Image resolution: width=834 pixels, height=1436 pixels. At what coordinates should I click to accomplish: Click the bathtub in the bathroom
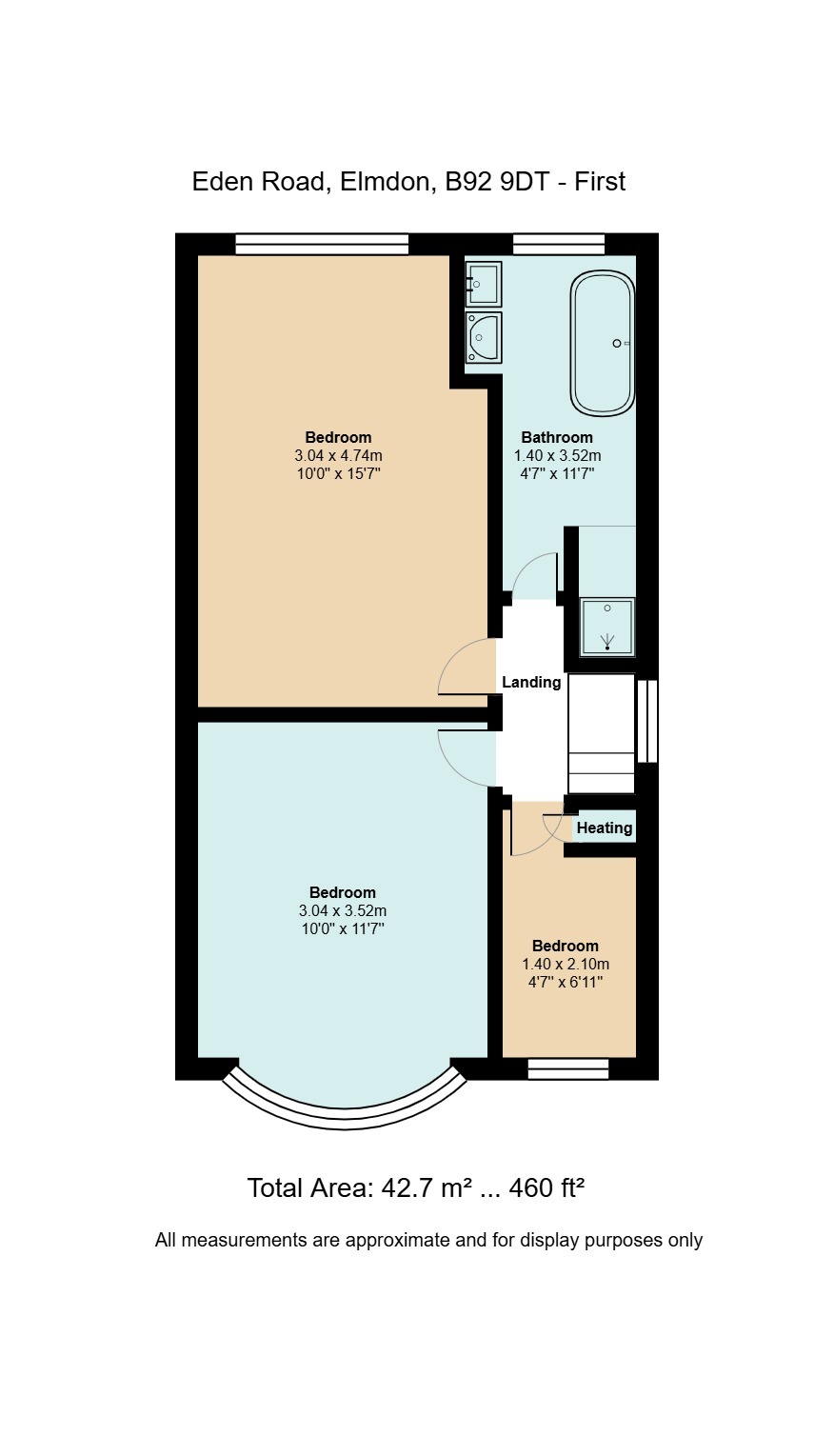pos(603,344)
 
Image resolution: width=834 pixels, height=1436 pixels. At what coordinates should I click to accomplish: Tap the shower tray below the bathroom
pos(607,627)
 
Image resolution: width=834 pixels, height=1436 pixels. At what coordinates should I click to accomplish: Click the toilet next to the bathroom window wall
pos(484,284)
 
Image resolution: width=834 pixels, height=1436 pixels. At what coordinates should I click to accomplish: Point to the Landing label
pos(531,682)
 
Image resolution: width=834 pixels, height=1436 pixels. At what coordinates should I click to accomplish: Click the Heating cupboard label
pos(605,828)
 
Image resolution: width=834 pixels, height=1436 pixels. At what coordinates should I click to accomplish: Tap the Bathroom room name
pos(556,437)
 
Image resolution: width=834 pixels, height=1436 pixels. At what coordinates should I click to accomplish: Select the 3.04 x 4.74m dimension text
pos(339,456)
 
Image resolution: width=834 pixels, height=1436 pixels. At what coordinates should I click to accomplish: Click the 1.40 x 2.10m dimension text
pos(566,964)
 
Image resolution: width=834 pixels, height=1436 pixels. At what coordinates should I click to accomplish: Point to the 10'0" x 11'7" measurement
pos(343,928)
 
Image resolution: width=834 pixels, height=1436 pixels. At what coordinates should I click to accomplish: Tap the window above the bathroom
pos(559,244)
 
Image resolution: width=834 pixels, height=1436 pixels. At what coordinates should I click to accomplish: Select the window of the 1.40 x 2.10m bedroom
pos(568,1068)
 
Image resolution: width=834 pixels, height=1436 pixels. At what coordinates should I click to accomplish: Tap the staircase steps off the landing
pos(602,733)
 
